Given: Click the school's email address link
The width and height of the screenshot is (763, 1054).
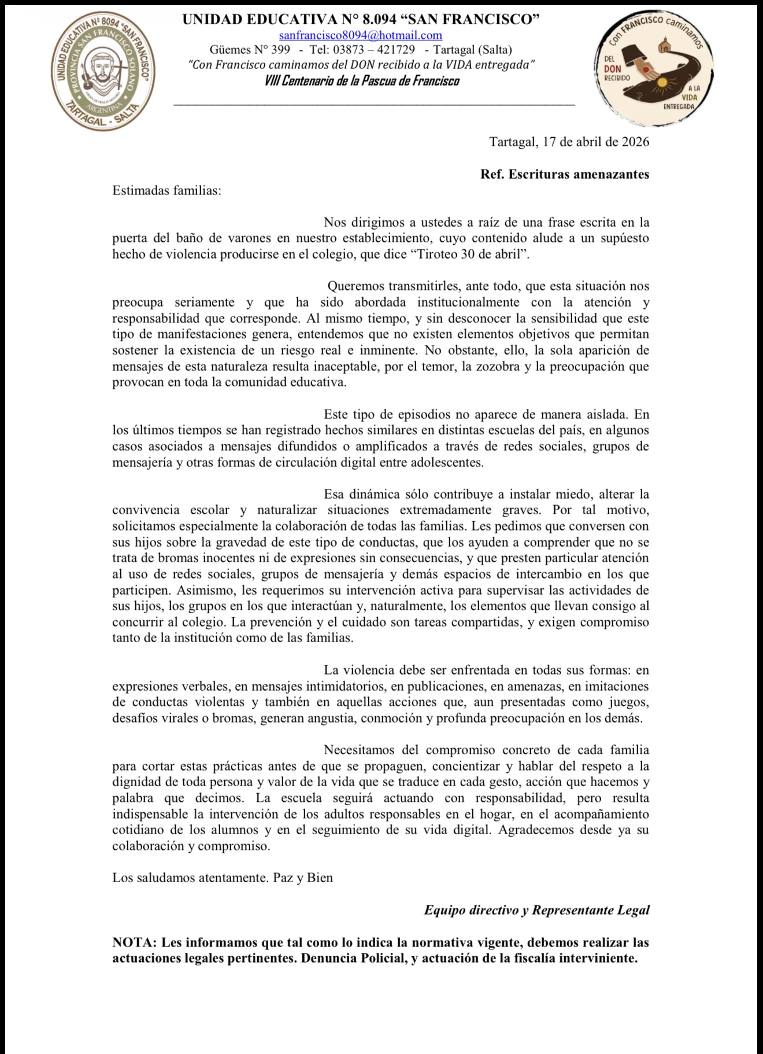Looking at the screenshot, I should coord(361,35).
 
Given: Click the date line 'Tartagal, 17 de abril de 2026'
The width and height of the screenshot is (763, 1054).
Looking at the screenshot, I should coord(569,142).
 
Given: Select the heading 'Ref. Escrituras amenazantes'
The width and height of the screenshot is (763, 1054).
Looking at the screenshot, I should coord(564,174).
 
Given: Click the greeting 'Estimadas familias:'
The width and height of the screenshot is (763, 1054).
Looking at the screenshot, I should coord(166,190).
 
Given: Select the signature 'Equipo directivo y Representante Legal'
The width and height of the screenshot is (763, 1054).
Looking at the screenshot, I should coord(536,910).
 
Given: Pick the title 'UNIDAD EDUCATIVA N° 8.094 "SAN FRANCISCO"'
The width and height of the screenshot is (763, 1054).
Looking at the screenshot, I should coord(361,20).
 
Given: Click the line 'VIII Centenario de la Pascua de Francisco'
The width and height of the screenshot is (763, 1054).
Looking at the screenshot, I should coord(362,80).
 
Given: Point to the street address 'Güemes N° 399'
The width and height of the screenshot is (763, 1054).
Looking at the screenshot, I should coord(250,50).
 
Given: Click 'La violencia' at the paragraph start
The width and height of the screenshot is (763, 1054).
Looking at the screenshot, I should coord(360,670).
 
